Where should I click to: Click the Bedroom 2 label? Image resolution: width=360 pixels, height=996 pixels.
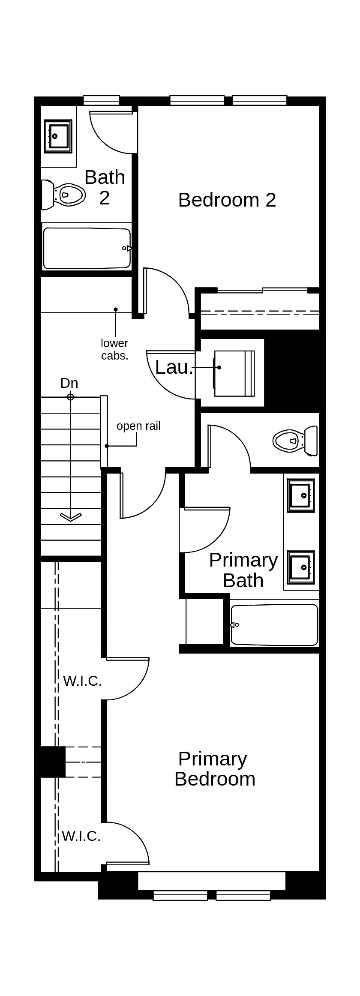tap(227, 200)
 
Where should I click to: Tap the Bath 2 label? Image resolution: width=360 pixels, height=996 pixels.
tap(105, 187)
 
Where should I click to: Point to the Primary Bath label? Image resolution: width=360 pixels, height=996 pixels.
tap(243, 570)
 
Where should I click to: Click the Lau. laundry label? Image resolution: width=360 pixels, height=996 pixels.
tap(174, 367)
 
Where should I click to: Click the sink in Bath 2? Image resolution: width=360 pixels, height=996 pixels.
tap(58, 136)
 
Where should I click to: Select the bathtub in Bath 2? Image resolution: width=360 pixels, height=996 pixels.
tap(87, 248)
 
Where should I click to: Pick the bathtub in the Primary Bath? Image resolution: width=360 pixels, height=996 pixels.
tap(274, 625)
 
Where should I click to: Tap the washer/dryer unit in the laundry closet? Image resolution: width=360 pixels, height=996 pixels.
tap(234, 373)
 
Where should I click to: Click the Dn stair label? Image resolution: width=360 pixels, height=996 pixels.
tap(69, 383)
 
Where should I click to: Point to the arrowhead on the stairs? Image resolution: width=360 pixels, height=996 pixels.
tap(71, 517)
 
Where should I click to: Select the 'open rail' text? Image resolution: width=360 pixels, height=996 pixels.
tap(138, 426)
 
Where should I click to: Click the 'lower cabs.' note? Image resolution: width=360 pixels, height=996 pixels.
tap(114, 349)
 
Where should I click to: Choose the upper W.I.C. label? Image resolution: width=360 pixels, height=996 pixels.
tap(82, 681)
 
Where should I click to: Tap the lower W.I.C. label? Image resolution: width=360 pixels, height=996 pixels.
tap(81, 836)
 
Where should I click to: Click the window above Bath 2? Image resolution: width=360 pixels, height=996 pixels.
tap(101, 100)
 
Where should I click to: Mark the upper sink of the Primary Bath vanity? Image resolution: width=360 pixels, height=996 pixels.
tap(301, 495)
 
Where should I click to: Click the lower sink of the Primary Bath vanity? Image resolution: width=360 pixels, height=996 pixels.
tap(301, 567)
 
